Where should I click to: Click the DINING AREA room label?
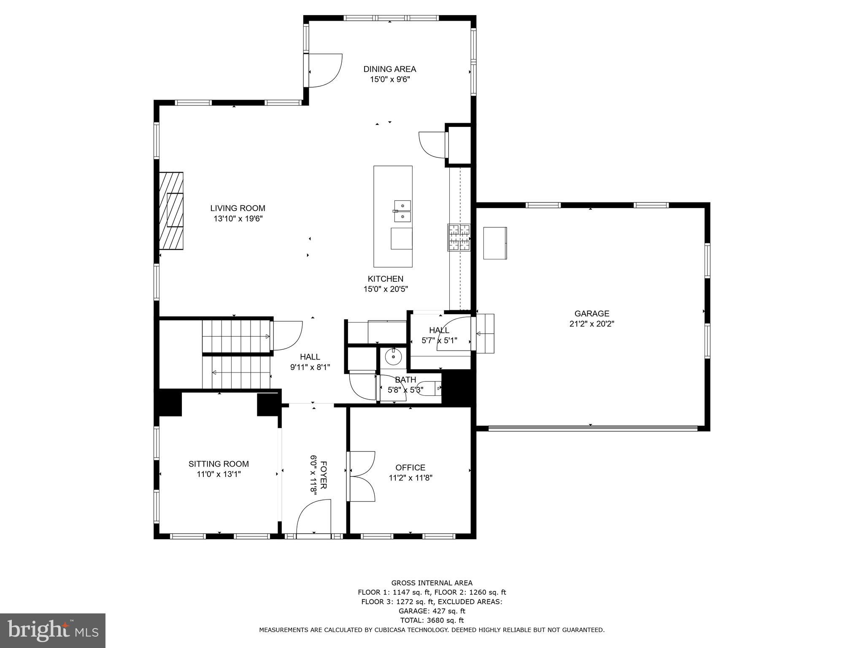click(x=389, y=69)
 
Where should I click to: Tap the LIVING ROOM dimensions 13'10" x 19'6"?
click(x=238, y=219)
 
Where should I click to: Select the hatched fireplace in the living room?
click(x=171, y=211)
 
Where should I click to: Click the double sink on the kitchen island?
click(x=402, y=211)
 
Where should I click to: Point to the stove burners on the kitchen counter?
click(x=459, y=237)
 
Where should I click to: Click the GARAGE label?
click(x=591, y=313)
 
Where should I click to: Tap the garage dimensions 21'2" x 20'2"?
click(x=591, y=324)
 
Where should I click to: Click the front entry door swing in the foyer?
click(x=314, y=518)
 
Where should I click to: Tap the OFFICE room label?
click(x=410, y=467)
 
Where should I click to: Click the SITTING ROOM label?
click(x=219, y=464)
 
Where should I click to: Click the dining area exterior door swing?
click(x=325, y=71)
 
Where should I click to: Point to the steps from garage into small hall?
click(x=485, y=333)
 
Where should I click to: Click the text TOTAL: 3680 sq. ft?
click(x=432, y=620)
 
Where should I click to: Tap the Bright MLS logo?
click(x=52, y=630)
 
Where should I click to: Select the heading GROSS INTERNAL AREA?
click(x=432, y=583)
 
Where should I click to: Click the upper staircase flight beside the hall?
click(x=236, y=336)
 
